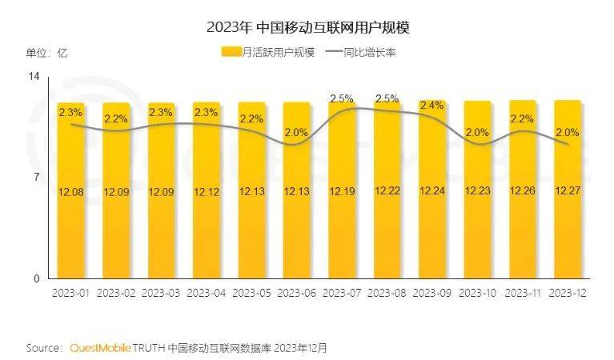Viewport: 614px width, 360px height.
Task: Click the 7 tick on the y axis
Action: click(x=36, y=178)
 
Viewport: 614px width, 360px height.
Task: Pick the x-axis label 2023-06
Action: click(x=297, y=293)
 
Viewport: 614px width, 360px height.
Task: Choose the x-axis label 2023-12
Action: click(x=568, y=293)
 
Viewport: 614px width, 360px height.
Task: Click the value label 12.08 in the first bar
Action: click(x=70, y=193)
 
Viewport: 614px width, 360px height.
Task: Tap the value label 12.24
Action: click(x=433, y=193)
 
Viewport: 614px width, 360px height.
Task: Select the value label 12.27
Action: click(x=568, y=193)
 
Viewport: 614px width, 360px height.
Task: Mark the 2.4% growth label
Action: click(x=432, y=105)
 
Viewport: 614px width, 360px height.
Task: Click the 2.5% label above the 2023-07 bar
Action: click(x=342, y=98)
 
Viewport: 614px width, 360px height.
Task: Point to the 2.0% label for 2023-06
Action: click(x=296, y=132)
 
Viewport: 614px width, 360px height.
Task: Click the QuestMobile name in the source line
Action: click(x=99, y=349)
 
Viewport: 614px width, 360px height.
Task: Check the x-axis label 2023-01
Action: click(x=70, y=293)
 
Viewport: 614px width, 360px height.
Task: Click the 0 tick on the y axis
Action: click(x=36, y=279)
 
